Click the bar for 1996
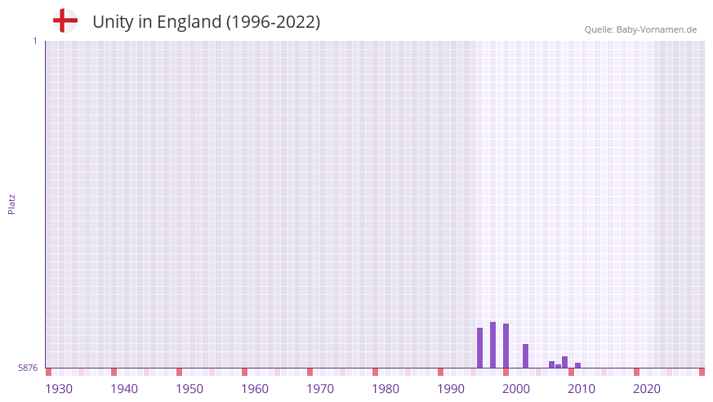(480, 348)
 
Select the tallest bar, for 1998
(493, 345)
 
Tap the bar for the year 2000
(506, 346)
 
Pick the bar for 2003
(526, 356)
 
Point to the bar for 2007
(552, 364)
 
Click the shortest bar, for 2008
(559, 366)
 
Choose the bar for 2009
(565, 362)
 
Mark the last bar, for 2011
(578, 365)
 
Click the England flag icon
(65, 21)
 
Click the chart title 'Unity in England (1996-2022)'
(206, 22)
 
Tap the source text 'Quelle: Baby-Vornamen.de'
(640, 29)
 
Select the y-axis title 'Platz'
(11, 204)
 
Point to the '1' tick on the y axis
(34, 41)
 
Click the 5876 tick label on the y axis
(28, 368)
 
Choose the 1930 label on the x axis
(59, 389)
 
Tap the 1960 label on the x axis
(255, 389)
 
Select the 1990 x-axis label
(451, 389)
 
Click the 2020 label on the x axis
(647, 389)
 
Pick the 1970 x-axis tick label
(320, 389)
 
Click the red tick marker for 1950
(180, 372)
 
